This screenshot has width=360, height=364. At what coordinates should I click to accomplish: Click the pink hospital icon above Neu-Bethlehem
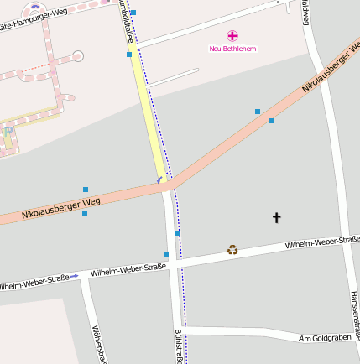tap(232, 36)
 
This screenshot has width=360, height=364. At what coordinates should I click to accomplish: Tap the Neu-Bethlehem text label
tap(232, 49)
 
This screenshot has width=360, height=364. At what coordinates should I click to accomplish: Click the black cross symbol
tap(277, 218)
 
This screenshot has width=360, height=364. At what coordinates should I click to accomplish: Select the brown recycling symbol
tap(232, 249)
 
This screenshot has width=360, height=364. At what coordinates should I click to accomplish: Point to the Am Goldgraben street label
tap(322, 337)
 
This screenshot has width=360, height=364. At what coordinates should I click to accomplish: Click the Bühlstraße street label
tap(179, 346)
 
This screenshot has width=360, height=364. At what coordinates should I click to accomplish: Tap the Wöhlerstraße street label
tap(98, 344)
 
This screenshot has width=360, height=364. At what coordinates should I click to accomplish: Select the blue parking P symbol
tap(8, 131)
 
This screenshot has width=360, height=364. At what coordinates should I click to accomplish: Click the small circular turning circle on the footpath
tap(78, 56)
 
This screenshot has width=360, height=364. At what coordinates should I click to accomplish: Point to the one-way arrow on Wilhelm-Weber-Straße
tap(74, 276)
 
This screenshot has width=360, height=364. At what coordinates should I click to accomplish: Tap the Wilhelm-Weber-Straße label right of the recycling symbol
tap(321, 242)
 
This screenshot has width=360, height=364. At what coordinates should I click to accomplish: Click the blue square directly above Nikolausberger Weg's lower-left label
tap(86, 190)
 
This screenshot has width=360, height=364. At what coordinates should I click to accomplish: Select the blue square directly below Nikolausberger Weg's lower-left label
tap(85, 213)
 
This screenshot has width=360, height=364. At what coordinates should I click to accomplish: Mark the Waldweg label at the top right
tap(304, 12)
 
